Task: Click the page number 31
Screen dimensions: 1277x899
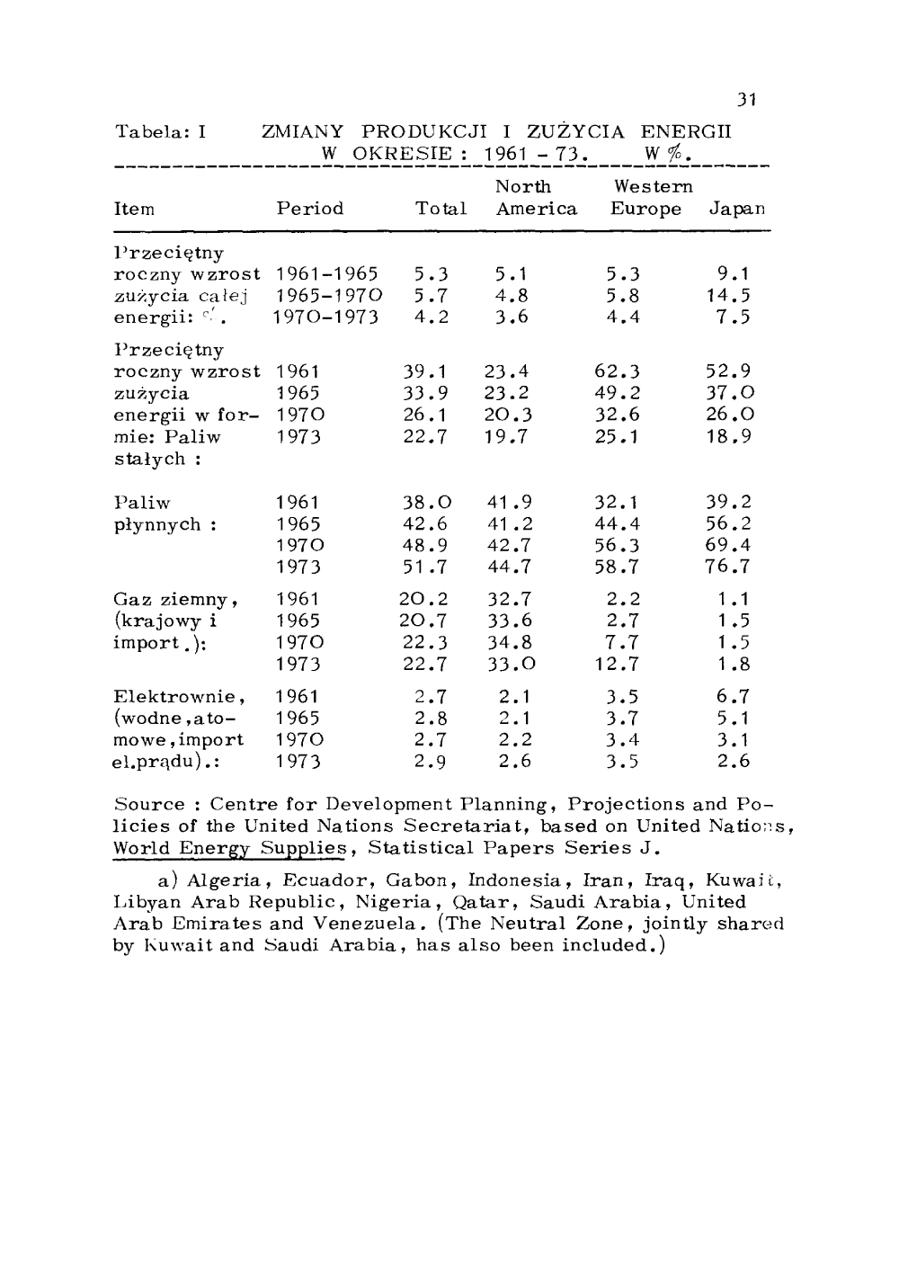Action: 745,100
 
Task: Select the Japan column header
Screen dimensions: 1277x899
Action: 737,210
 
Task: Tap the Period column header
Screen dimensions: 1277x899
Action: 310,209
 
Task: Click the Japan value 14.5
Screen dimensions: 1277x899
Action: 734,296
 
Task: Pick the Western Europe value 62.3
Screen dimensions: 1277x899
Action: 617,371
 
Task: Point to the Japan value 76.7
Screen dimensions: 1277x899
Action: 729,567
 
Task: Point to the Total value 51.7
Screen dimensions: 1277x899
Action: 424,567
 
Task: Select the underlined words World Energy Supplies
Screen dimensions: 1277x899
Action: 231,848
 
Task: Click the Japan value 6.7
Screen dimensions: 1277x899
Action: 734,697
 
